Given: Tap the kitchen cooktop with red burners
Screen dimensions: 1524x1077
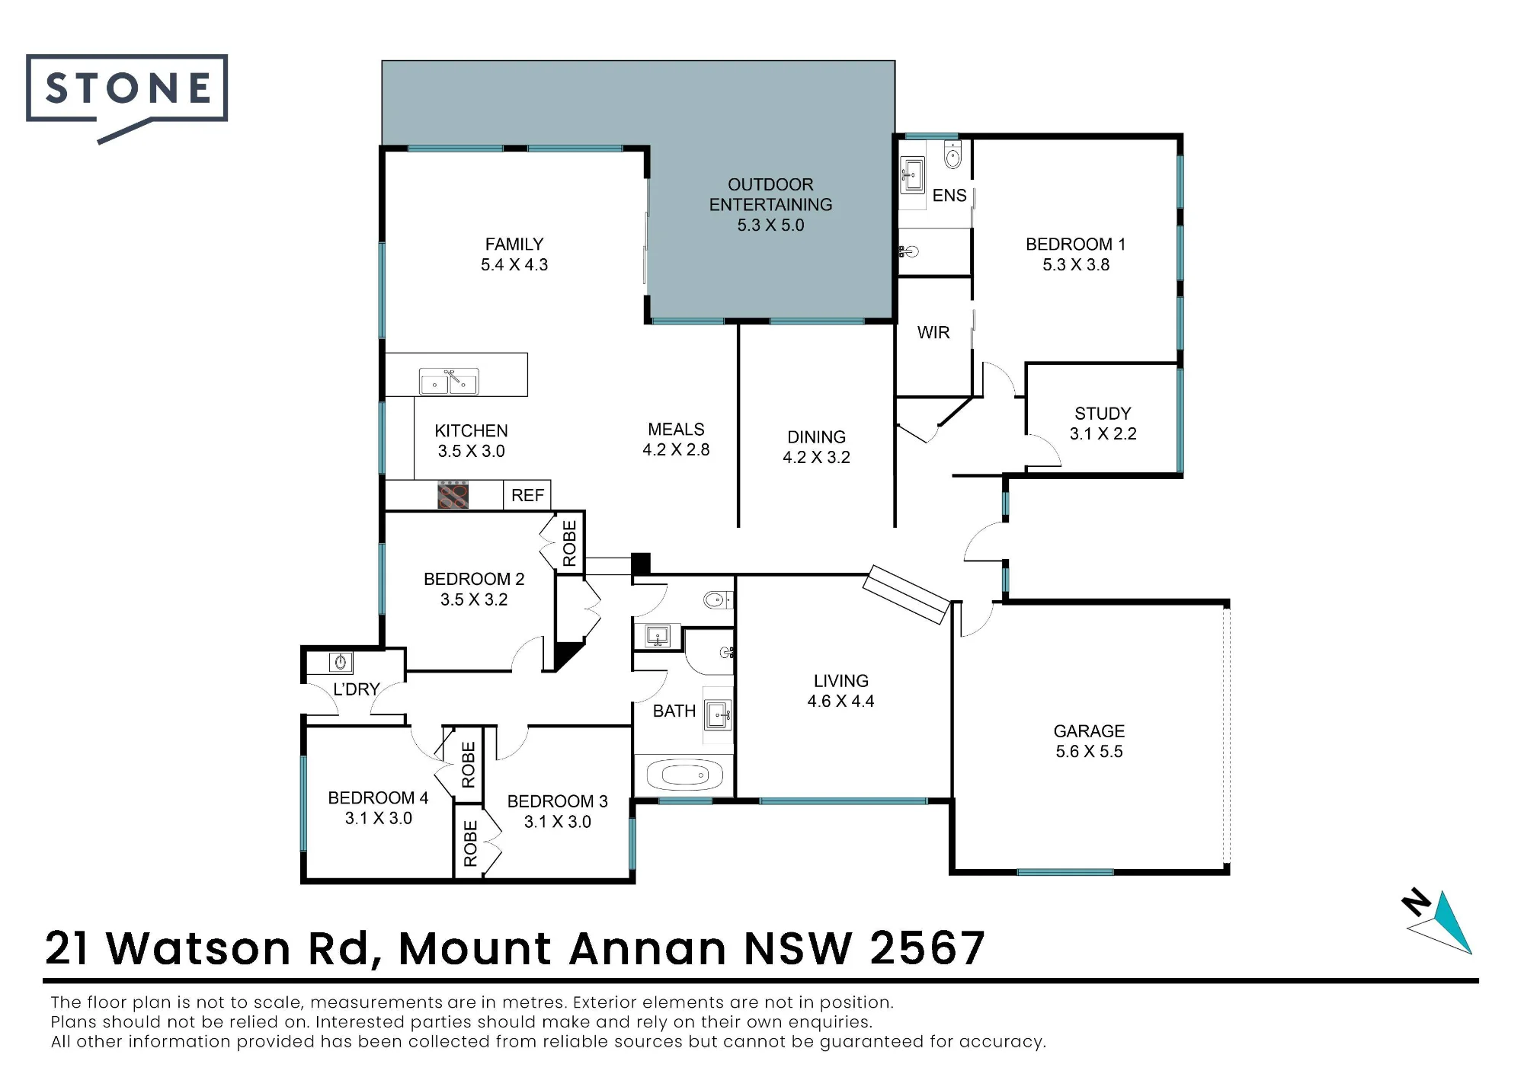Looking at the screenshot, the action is pyautogui.click(x=453, y=495).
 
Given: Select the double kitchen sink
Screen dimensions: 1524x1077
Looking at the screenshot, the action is pyautogui.click(x=449, y=382).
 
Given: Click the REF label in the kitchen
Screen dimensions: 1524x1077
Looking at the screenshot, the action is pyautogui.click(x=527, y=496).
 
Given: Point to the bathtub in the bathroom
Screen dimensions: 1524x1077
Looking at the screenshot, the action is pyautogui.click(x=684, y=776).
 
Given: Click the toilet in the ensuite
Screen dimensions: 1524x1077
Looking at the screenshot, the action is pyautogui.click(x=952, y=155).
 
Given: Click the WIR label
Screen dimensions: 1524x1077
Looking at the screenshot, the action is pyautogui.click(x=933, y=333).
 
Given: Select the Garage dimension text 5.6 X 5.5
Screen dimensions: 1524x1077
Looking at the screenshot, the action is pyautogui.click(x=1089, y=752).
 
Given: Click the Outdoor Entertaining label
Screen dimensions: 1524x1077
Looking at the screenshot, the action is pyautogui.click(x=770, y=194).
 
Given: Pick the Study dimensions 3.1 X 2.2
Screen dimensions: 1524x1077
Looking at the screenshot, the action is pyautogui.click(x=1103, y=434).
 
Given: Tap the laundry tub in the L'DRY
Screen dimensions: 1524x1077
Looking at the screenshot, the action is pyautogui.click(x=340, y=662).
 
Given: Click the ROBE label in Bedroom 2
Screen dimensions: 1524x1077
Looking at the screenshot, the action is pyautogui.click(x=569, y=544).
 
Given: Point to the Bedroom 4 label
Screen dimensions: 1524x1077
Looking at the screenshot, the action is pyautogui.click(x=378, y=798).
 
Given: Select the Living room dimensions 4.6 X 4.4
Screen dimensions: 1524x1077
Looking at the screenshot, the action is pyautogui.click(x=840, y=701).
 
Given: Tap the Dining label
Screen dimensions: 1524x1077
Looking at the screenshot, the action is pyautogui.click(x=816, y=437).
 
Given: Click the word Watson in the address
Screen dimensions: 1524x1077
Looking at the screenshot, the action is pyautogui.click(x=198, y=949).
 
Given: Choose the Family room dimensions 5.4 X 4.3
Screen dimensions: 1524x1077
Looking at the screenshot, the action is pyautogui.click(x=514, y=265).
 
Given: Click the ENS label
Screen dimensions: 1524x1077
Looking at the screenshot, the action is pyautogui.click(x=949, y=196).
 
